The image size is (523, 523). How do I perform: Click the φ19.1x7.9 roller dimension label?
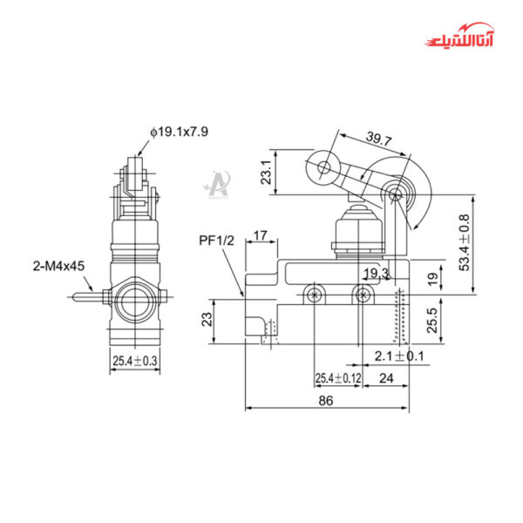(x=180, y=132)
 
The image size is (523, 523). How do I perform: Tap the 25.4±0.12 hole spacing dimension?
(x=337, y=378)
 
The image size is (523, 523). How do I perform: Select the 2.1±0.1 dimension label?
(x=397, y=356)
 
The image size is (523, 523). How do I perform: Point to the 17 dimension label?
(x=260, y=235)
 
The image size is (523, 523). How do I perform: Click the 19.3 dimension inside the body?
(x=376, y=274)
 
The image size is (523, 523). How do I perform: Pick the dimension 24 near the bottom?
(x=384, y=378)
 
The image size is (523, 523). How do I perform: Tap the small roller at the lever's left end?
(x=325, y=167)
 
